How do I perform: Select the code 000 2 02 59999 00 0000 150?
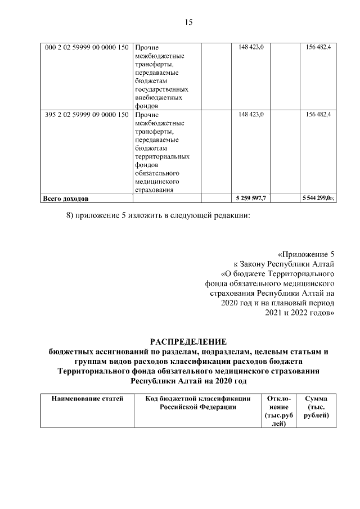pos(86,47)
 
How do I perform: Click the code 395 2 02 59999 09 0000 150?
pos(86,115)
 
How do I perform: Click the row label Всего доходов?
pos(66,199)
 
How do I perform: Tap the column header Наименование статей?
pos(87,399)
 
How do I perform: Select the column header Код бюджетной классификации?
pos(197,403)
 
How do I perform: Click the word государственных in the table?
pos(161,89)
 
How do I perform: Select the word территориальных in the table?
pos(162,157)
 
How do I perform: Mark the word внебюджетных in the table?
pos(159,98)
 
